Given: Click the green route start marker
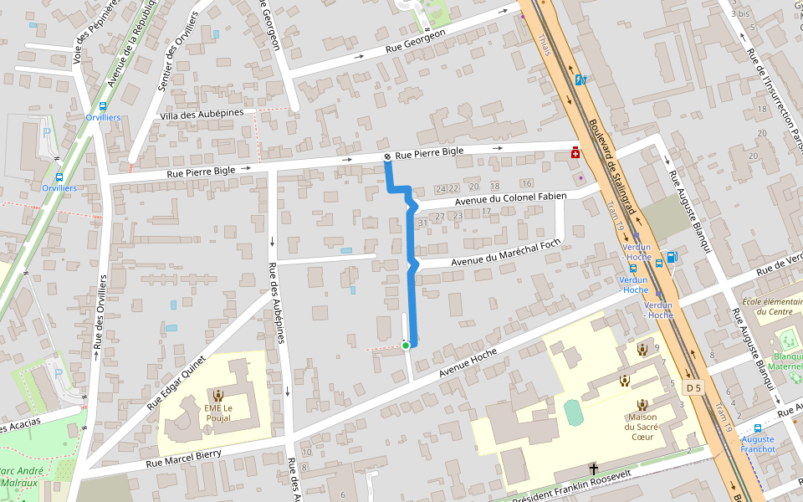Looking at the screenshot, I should click(x=406, y=345).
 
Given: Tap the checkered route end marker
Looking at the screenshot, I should click(x=387, y=157).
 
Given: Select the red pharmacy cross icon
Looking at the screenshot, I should click(x=575, y=154).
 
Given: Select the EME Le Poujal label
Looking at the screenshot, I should click(x=218, y=412).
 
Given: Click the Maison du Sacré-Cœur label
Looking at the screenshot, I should click(x=642, y=427).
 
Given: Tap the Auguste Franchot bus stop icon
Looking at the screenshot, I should click(x=758, y=428).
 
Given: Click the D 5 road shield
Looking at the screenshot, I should click(x=693, y=387).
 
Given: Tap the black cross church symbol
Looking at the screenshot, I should click(x=594, y=469).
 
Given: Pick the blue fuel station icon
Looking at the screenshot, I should click(x=671, y=257).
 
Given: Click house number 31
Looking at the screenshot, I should click(x=423, y=223).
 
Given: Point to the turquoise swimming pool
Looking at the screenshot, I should click(x=572, y=412).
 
